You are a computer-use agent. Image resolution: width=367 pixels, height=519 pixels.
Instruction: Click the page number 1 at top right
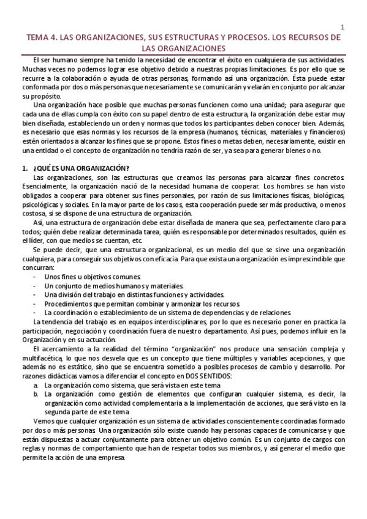coord(342,27)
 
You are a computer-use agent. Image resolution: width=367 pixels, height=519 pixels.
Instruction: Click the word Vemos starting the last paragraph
coord(44,422)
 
